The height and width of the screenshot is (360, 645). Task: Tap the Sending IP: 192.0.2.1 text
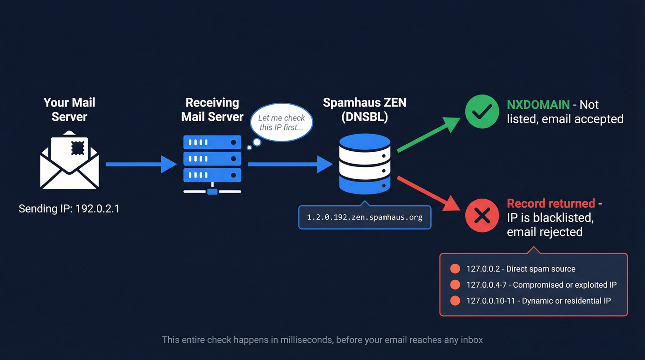(69, 209)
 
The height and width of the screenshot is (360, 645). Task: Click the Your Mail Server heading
(69, 110)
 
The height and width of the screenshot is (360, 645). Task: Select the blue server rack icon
(212, 164)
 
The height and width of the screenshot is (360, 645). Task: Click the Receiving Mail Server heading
(212, 110)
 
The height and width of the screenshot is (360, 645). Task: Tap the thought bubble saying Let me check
(281, 123)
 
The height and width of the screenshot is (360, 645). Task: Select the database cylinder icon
(364, 164)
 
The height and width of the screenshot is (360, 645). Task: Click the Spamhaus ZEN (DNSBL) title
(364, 110)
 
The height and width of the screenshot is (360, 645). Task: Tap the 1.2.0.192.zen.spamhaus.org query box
(364, 217)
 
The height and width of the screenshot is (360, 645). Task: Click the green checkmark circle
(481, 111)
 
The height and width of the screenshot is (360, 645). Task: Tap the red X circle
(481, 216)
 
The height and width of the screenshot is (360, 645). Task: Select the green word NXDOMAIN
(538, 105)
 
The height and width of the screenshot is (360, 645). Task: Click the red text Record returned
(551, 203)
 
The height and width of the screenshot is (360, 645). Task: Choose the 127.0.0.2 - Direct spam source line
(521, 269)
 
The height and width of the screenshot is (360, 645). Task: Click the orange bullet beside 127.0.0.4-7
(455, 285)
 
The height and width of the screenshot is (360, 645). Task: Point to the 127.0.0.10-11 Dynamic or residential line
(538, 301)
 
